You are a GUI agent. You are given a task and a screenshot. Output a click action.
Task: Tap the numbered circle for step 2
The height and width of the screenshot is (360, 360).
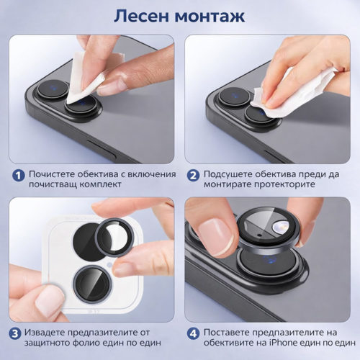tap(192, 175)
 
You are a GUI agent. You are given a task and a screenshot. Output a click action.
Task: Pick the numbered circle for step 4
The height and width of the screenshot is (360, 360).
tap(192, 333)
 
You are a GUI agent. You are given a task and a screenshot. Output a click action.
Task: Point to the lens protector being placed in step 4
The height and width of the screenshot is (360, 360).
tap(274, 230)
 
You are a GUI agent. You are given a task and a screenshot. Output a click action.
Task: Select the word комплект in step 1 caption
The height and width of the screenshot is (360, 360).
tap(111, 185)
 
